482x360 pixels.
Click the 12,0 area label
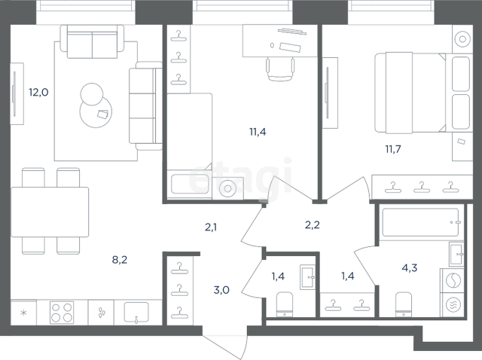click(x=38, y=92)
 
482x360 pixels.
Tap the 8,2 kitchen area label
click(x=120, y=260)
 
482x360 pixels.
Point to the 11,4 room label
click(x=258, y=132)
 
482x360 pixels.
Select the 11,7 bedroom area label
click(x=393, y=149)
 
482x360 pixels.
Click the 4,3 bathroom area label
click(x=410, y=268)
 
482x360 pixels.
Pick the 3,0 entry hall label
click(x=221, y=290)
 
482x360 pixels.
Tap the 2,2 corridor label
click(x=313, y=225)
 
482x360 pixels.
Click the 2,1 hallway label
click(x=211, y=227)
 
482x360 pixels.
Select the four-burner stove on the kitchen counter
click(x=62, y=313)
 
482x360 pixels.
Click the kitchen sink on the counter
click(x=136, y=313)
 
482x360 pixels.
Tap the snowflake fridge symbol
click(x=23, y=313)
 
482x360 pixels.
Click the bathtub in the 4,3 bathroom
click(x=421, y=223)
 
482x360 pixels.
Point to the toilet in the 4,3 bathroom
click(x=404, y=304)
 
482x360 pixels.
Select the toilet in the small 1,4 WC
click(x=285, y=304)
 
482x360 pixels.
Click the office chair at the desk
click(x=280, y=69)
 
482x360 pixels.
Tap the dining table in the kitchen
click(x=50, y=212)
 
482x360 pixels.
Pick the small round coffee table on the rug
click(x=92, y=94)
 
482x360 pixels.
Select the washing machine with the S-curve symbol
click(x=453, y=281)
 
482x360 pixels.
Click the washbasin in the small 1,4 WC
click(x=308, y=277)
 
